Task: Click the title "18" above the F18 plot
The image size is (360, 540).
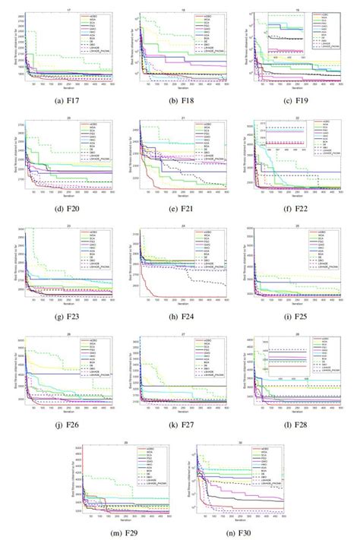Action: click(182, 11)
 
